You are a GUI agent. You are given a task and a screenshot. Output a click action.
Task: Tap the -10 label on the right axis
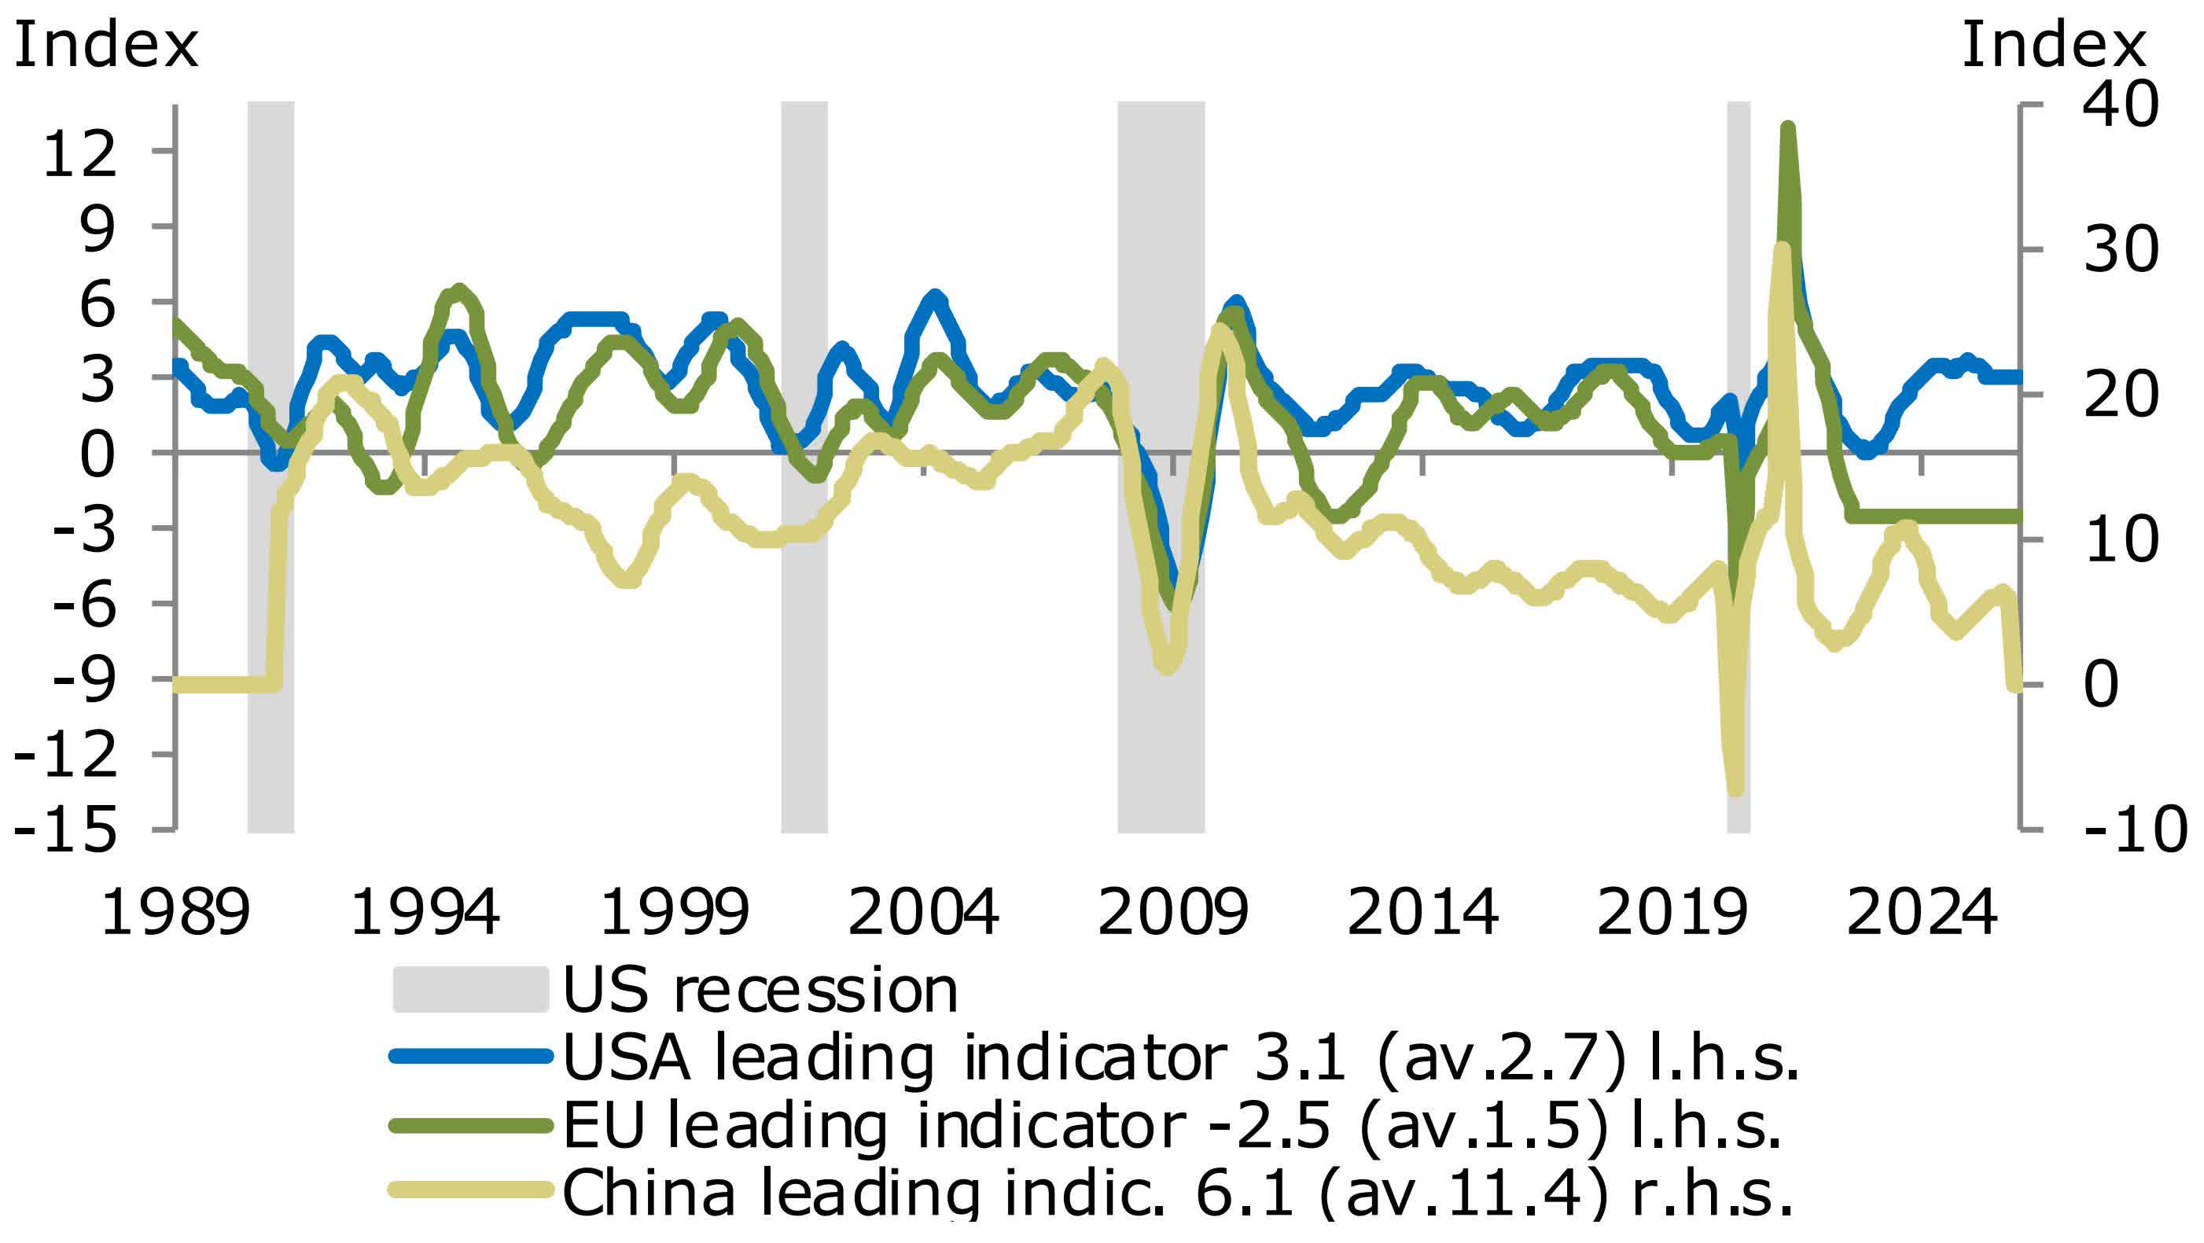click(x=2134, y=829)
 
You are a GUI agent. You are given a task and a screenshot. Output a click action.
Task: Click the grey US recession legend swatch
click(x=469, y=990)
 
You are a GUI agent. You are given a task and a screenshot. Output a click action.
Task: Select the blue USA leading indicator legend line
click(x=469, y=1057)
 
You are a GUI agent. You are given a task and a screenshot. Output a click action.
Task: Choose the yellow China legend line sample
click(x=469, y=1190)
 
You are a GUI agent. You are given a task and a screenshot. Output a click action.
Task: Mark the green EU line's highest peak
click(x=1787, y=128)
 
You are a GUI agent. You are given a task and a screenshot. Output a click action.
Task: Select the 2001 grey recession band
click(x=804, y=466)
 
